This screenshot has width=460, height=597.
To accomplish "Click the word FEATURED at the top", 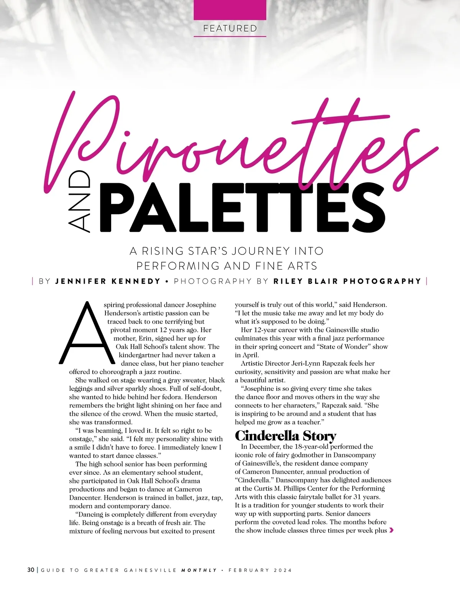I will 230,28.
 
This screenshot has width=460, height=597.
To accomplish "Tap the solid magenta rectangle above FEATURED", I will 230,10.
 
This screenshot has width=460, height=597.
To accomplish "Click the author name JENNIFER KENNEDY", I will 108,281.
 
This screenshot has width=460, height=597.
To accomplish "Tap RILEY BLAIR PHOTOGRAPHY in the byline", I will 347,281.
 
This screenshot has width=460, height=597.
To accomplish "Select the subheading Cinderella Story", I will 285,436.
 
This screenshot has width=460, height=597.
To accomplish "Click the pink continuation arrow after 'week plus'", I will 391,530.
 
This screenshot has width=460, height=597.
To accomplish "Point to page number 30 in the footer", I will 31,570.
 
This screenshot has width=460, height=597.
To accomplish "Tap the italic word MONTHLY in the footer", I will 199,570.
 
